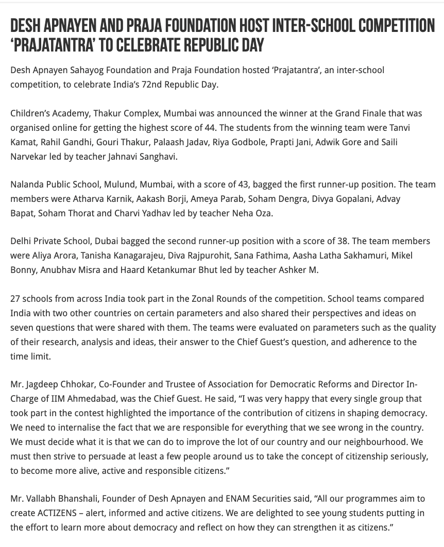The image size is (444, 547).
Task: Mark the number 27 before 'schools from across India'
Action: click(15, 299)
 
